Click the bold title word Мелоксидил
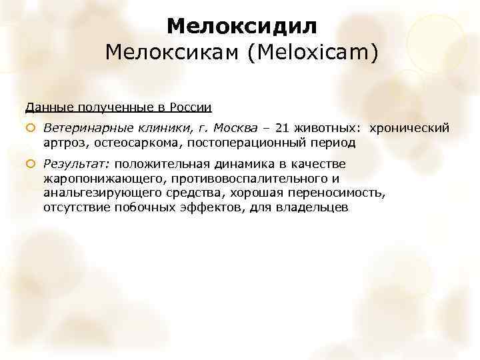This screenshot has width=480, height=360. pos(242,26)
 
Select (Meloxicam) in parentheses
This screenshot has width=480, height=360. pos(313,53)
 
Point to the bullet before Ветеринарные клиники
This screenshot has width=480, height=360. pos(30,128)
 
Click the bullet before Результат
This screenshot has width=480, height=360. pos(30,164)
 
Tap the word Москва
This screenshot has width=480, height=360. pos(231,128)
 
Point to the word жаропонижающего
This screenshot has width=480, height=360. pos(96,179)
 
